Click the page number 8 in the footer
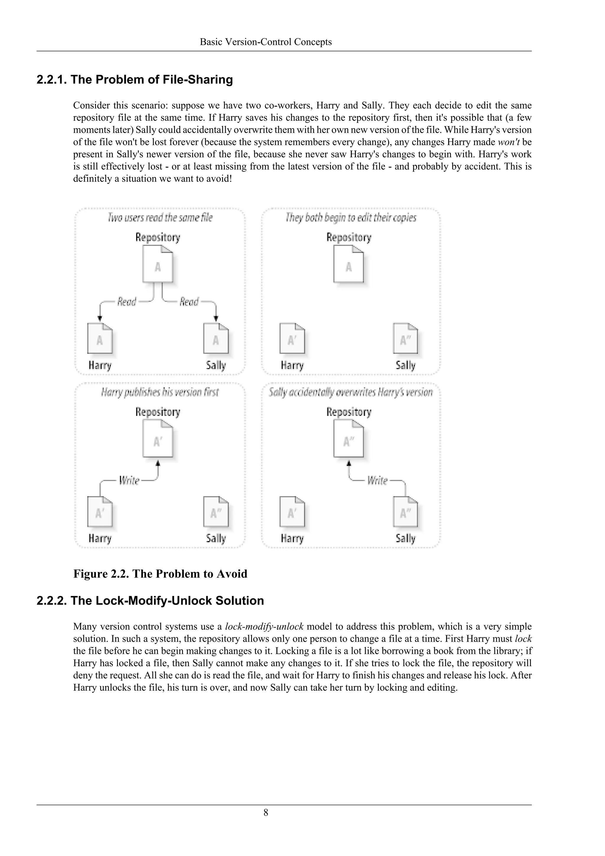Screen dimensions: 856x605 tap(266, 812)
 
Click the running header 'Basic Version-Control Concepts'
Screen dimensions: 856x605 tap(266, 42)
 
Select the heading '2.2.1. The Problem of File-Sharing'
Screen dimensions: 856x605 tap(134, 80)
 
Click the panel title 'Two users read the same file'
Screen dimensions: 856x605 tap(160, 217)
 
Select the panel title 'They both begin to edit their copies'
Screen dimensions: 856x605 tap(351, 217)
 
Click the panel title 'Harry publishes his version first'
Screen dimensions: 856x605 tap(160, 392)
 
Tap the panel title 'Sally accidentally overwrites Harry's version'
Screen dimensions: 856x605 tap(351, 392)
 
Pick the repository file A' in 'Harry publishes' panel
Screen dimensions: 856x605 tap(157, 441)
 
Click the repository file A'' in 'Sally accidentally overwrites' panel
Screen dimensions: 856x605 tap(348, 441)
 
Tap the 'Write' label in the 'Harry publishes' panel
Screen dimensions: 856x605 tap(129, 480)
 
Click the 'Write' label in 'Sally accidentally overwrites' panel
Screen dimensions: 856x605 tap(377, 480)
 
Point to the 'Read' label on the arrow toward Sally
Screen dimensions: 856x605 tap(189, 301)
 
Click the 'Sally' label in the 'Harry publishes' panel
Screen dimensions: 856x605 tap(216, 538)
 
